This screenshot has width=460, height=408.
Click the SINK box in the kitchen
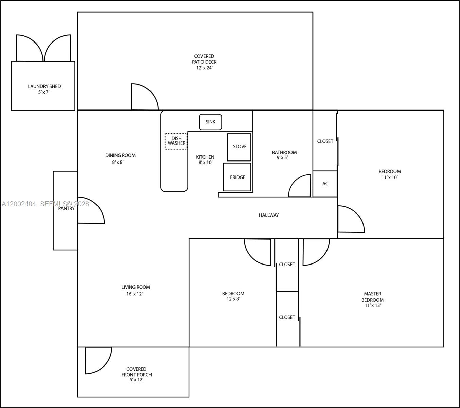coord(210,122)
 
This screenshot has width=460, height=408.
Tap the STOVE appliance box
coord(239,147)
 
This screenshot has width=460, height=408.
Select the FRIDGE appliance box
coord(237,177)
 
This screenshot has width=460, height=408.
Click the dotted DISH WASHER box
coord(176,141)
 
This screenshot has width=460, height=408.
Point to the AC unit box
coord(325,184)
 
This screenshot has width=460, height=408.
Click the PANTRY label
coord(66,208)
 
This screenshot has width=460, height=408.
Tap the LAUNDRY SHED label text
coord(44,86)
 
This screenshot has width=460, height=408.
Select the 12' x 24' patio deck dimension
coord(204,68)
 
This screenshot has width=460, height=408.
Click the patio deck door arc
coord(144,97)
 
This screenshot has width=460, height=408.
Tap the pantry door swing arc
coord(91,210)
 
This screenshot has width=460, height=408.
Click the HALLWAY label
coord(268,215)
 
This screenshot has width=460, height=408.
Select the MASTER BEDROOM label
coord(372,297)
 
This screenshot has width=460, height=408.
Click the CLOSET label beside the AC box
coord(325,141)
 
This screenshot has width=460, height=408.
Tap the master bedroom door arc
coord(316,252)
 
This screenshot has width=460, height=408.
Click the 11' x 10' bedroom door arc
coord(351,219)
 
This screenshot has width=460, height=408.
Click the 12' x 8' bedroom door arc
coord(258,252)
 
